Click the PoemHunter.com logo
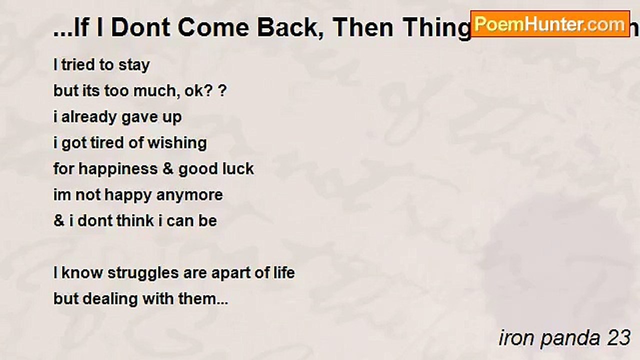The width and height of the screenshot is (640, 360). [x=550, y=24]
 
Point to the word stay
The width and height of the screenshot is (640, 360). [x=133, y=65]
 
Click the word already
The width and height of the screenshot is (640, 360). [x=89, y=117]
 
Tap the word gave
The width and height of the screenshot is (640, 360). [x=139, y=117]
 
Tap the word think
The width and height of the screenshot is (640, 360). [x=135, y=221]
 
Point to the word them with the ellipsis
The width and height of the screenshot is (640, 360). [x=203, y=299]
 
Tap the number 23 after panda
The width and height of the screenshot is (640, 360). [x=618, y=338]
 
